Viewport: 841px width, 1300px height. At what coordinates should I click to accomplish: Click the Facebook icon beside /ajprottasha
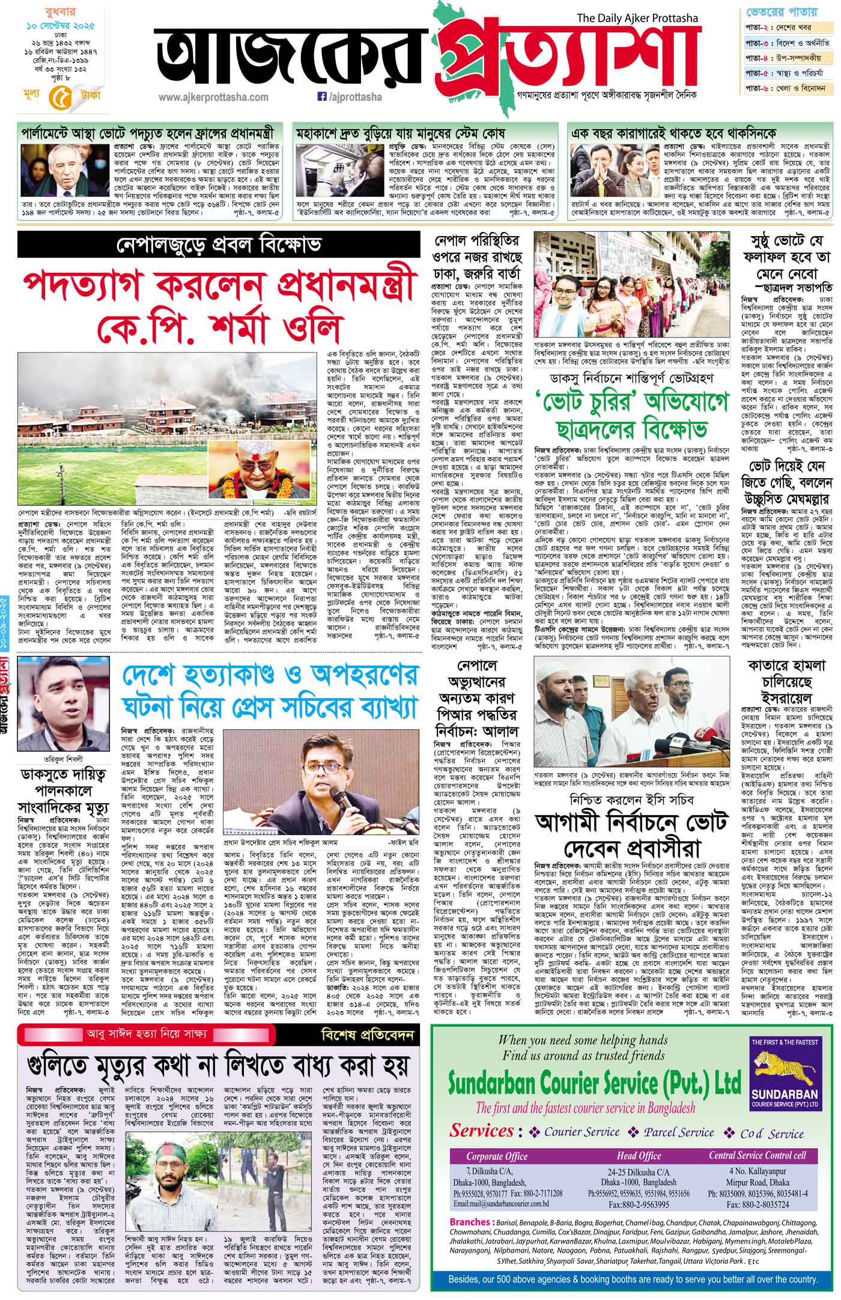coord(321,96)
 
